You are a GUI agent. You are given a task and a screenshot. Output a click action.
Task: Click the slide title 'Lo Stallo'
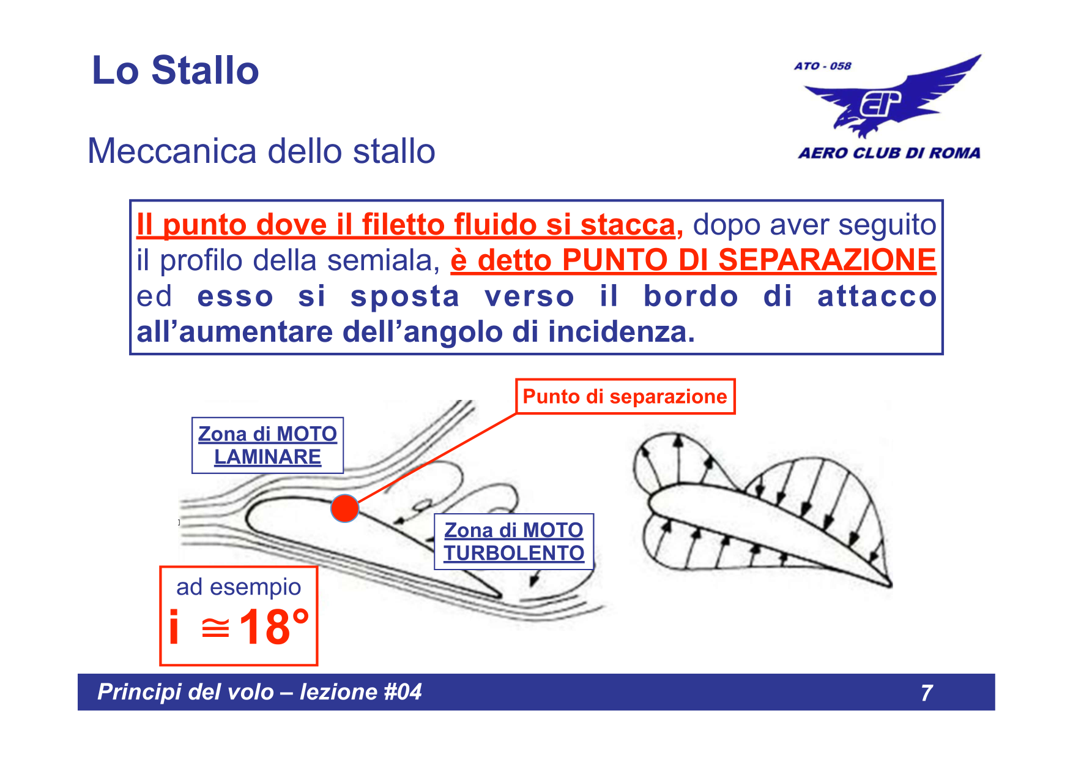pos(176,70)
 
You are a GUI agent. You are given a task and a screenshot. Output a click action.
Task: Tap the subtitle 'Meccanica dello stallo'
pos(261,151)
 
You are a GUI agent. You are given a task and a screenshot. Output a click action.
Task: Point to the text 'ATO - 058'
pos(822,66)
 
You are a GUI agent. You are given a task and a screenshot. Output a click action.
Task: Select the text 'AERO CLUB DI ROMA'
pos(889,153)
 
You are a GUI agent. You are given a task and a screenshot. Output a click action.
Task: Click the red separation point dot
pos(344,508)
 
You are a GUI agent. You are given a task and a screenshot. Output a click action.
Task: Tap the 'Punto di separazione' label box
pos(625,397)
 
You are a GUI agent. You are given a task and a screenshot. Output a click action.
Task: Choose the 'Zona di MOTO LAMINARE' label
pos(267,445)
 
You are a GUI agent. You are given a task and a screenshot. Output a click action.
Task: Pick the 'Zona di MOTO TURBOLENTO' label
pos(514,541)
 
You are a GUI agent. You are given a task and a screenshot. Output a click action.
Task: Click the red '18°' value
pos(273,626)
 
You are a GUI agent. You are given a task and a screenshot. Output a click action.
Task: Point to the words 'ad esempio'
pos(239,587)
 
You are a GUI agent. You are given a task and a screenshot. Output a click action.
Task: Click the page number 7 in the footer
pos(926,693)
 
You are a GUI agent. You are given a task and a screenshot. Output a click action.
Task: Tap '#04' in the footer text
pos(403,692)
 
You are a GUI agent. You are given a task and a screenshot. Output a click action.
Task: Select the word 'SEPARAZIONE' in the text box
pos(826,260)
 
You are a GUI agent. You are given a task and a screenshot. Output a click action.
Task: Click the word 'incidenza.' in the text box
pos(621,332)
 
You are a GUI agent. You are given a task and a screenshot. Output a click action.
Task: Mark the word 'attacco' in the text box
pos(877,296)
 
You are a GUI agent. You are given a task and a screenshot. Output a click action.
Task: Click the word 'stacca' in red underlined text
pos(627,225)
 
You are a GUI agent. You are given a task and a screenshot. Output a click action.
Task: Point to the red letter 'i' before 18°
pos(174,627)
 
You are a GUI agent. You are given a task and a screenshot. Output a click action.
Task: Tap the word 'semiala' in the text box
pos(383,260)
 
